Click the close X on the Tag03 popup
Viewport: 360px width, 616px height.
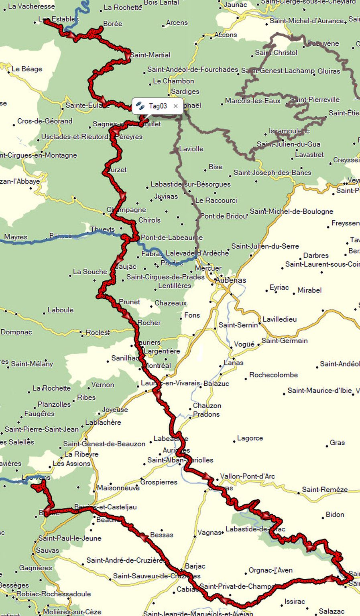pyautogui.click(x=175, y=106)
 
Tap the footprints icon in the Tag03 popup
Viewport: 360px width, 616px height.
pyautogui.click(x=140, y=106)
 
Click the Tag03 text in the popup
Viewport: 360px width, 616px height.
pyautogui.click(x=158, y=106)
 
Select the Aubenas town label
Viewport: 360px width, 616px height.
pyautogui.click(x=230, y=280)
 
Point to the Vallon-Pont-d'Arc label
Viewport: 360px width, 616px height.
pyautogui.click(x=247, y=476)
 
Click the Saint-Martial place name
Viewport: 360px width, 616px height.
pyautogui.click(x=150, y=55)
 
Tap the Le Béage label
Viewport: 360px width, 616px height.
pyautogui.click(x=26, y=69)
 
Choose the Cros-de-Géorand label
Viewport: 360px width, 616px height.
pyautogui.click(x=45, y=121)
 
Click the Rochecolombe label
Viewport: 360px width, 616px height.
pyautogui.click(x=273, y=375)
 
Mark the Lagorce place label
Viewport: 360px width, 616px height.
pyautogui.click(x=250, y=438)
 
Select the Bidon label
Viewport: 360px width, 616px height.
pyautogui.click(x=335, y=515)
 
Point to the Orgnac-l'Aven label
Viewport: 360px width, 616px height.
pyautogui.click(x=271, y=570)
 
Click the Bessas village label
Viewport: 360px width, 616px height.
pyautogui.click(x=161, y=535)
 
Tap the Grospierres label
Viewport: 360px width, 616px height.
pyautogui.click(x=159, y=482)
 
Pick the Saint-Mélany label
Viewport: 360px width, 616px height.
pyautogui.click(x=32, y=364)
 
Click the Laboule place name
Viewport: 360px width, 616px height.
pyautogui.click(x=60, y=310)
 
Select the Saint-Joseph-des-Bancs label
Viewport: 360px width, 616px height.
pyautogui.click(x=272, y=172)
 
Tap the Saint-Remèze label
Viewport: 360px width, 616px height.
pyautogui.click(x=325, y=489)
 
